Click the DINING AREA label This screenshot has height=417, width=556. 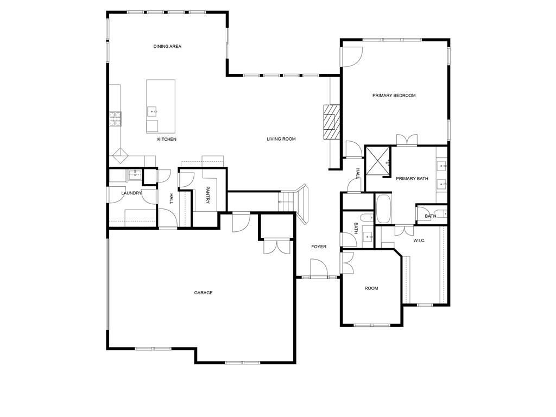pyautogui.click(x=167, y=47)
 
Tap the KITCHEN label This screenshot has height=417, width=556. pyautogui.click(x=167, y=140)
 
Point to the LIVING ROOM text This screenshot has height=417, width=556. pyautogui.click(x=281, y=139)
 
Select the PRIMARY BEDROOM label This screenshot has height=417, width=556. pyautogui.click(x=394, y=96)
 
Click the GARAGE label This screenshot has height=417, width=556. pyautogui.click(x=203, y=293)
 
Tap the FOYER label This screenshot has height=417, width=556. pyautogui.click(x=319, y=247)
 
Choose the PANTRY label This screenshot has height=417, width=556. pyautogui.click(x=208, y=195)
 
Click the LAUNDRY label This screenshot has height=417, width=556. pyautogui.click(x=131, y=193)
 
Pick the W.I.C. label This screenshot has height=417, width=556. pyautogui.click(x=419, y=241)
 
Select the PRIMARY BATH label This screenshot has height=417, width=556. pyautogui.click(x=412, y=179)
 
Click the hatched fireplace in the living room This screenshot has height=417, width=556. pyautogui.click(x=332, y=122)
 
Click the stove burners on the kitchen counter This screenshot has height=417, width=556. pyautogui.click(x=115, y=119)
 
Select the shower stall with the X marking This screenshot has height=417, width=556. pyautogui.click(x=378, y=160)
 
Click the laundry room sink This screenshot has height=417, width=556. pyautogui.click(x=135, y=175)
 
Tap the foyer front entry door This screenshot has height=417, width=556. pyautogui.click(x=318, y=268)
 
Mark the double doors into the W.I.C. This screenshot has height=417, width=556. pyautogui.click(x=404, y=230)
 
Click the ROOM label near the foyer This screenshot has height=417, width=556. pyautogui.click(x=371, y=288)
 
